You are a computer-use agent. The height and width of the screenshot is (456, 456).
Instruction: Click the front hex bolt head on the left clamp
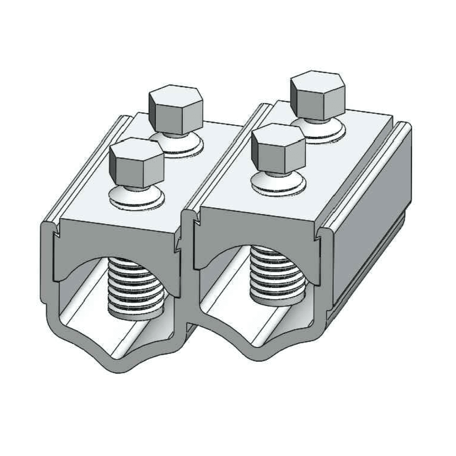136,163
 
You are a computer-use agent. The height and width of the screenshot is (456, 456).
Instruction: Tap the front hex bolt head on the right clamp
278,148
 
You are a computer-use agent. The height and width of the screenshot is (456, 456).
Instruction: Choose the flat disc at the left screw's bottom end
136,315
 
